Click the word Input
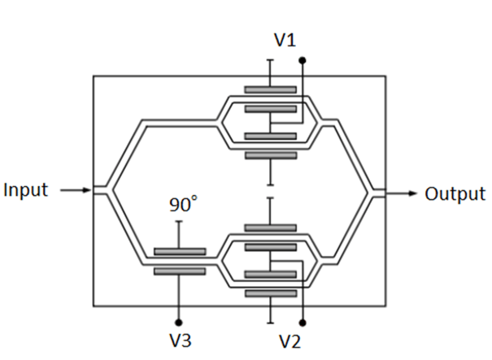26,191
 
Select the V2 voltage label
290,340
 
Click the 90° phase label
183,206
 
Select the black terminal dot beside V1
303,60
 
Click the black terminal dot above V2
303,322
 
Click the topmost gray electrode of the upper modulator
270,89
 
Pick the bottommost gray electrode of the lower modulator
270,293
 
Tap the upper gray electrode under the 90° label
179,252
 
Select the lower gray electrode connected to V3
179,271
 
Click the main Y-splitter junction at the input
110,192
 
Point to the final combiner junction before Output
371,193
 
